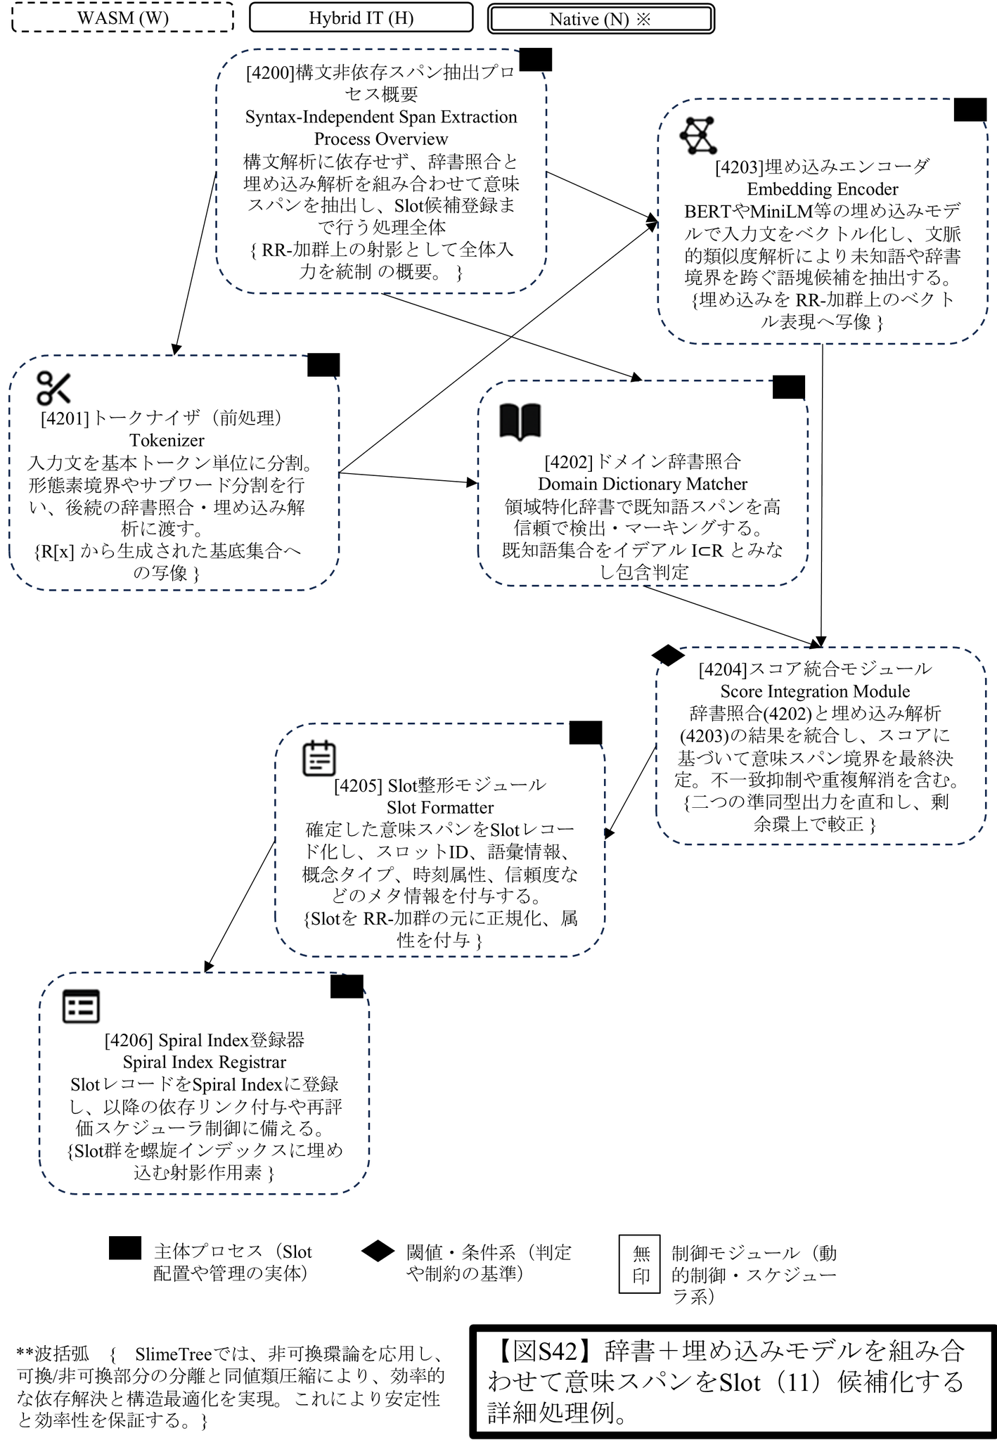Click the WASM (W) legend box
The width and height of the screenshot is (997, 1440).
click(x=123, y=18)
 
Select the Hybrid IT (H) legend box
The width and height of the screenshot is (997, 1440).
click(x=361, y=18)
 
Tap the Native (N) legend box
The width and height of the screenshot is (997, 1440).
click(x=600, y=19)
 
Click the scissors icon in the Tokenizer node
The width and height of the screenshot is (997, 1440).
click(x=54, y=388)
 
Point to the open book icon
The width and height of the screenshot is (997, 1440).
click(x=520, y=422)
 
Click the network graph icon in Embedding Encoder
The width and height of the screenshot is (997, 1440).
click(x=698, y=136)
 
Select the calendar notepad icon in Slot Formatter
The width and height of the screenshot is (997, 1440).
click(x=319, y=758)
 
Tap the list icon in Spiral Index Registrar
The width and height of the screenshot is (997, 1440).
click(x=82, y=1006)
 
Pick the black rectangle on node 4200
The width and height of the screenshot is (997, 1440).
click(x=535, y=60)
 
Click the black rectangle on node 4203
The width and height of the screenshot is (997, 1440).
click(x=970, y=110)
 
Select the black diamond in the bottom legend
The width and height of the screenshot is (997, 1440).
click(x=378, y=1252)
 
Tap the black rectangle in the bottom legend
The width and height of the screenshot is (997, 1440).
click(x=125, y=1249)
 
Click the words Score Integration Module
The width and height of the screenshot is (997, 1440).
click(x=815, y=691)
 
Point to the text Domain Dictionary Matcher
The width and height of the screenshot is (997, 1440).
click(x=643, y=484)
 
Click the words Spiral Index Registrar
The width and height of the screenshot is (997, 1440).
click(x=205, y=1062)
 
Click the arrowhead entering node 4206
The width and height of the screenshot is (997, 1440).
click(x=207, y=968)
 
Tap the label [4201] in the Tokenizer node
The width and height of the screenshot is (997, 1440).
click(x=65, y=418)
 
